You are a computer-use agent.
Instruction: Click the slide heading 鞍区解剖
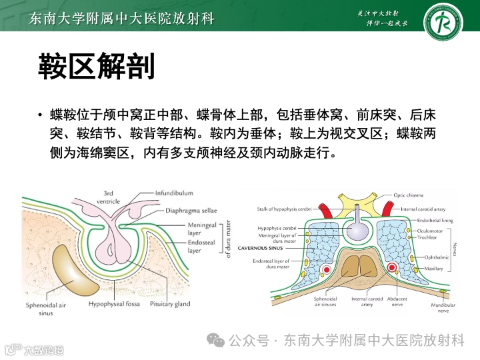(97, 67)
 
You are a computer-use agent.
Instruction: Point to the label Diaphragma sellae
(189, 211)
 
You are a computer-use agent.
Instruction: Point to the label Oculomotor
(430, 231)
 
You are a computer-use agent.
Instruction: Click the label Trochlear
(427, 237)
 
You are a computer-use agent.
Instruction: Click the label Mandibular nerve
(443, 308)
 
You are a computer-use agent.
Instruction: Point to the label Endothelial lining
(435, 220)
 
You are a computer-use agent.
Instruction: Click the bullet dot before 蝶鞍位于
(41, 115)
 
